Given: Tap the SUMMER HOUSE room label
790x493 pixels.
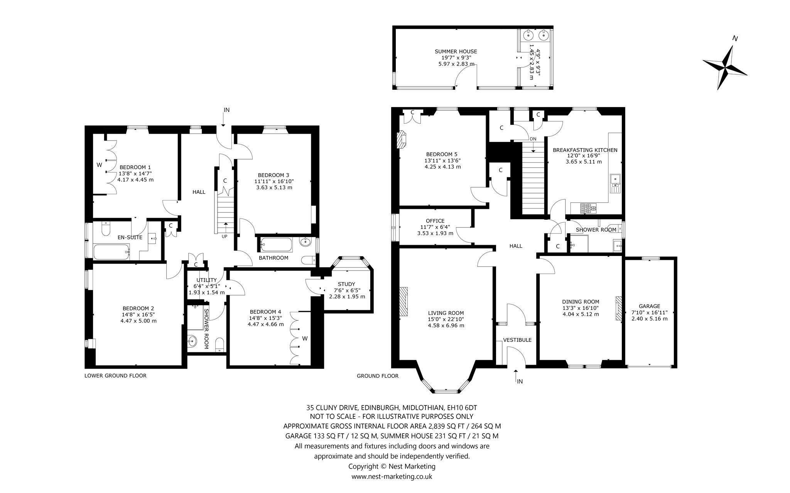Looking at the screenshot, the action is (456, 51).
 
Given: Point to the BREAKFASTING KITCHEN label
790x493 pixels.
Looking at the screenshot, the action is (585, 150).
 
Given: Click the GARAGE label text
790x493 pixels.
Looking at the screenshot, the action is (649, 306).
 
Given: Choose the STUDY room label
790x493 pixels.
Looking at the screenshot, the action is (346, 284).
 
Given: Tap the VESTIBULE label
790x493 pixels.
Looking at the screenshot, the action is (517, 340).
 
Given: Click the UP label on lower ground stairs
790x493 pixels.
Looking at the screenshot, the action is (225, 236).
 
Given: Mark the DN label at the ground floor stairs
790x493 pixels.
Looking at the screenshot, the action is (533, 139).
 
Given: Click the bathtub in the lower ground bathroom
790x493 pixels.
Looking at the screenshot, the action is (277, 244).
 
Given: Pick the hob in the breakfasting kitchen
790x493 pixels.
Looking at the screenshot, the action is (587, 209).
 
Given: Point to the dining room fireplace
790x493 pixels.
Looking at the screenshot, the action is (619, 308).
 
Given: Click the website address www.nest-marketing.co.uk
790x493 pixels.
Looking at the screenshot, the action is (392, 476).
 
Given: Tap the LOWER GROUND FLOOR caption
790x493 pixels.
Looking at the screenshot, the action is (115, 375).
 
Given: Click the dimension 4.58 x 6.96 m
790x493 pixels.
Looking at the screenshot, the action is (446, 325).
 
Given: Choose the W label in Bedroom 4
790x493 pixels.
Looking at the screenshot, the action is (305, 338).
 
